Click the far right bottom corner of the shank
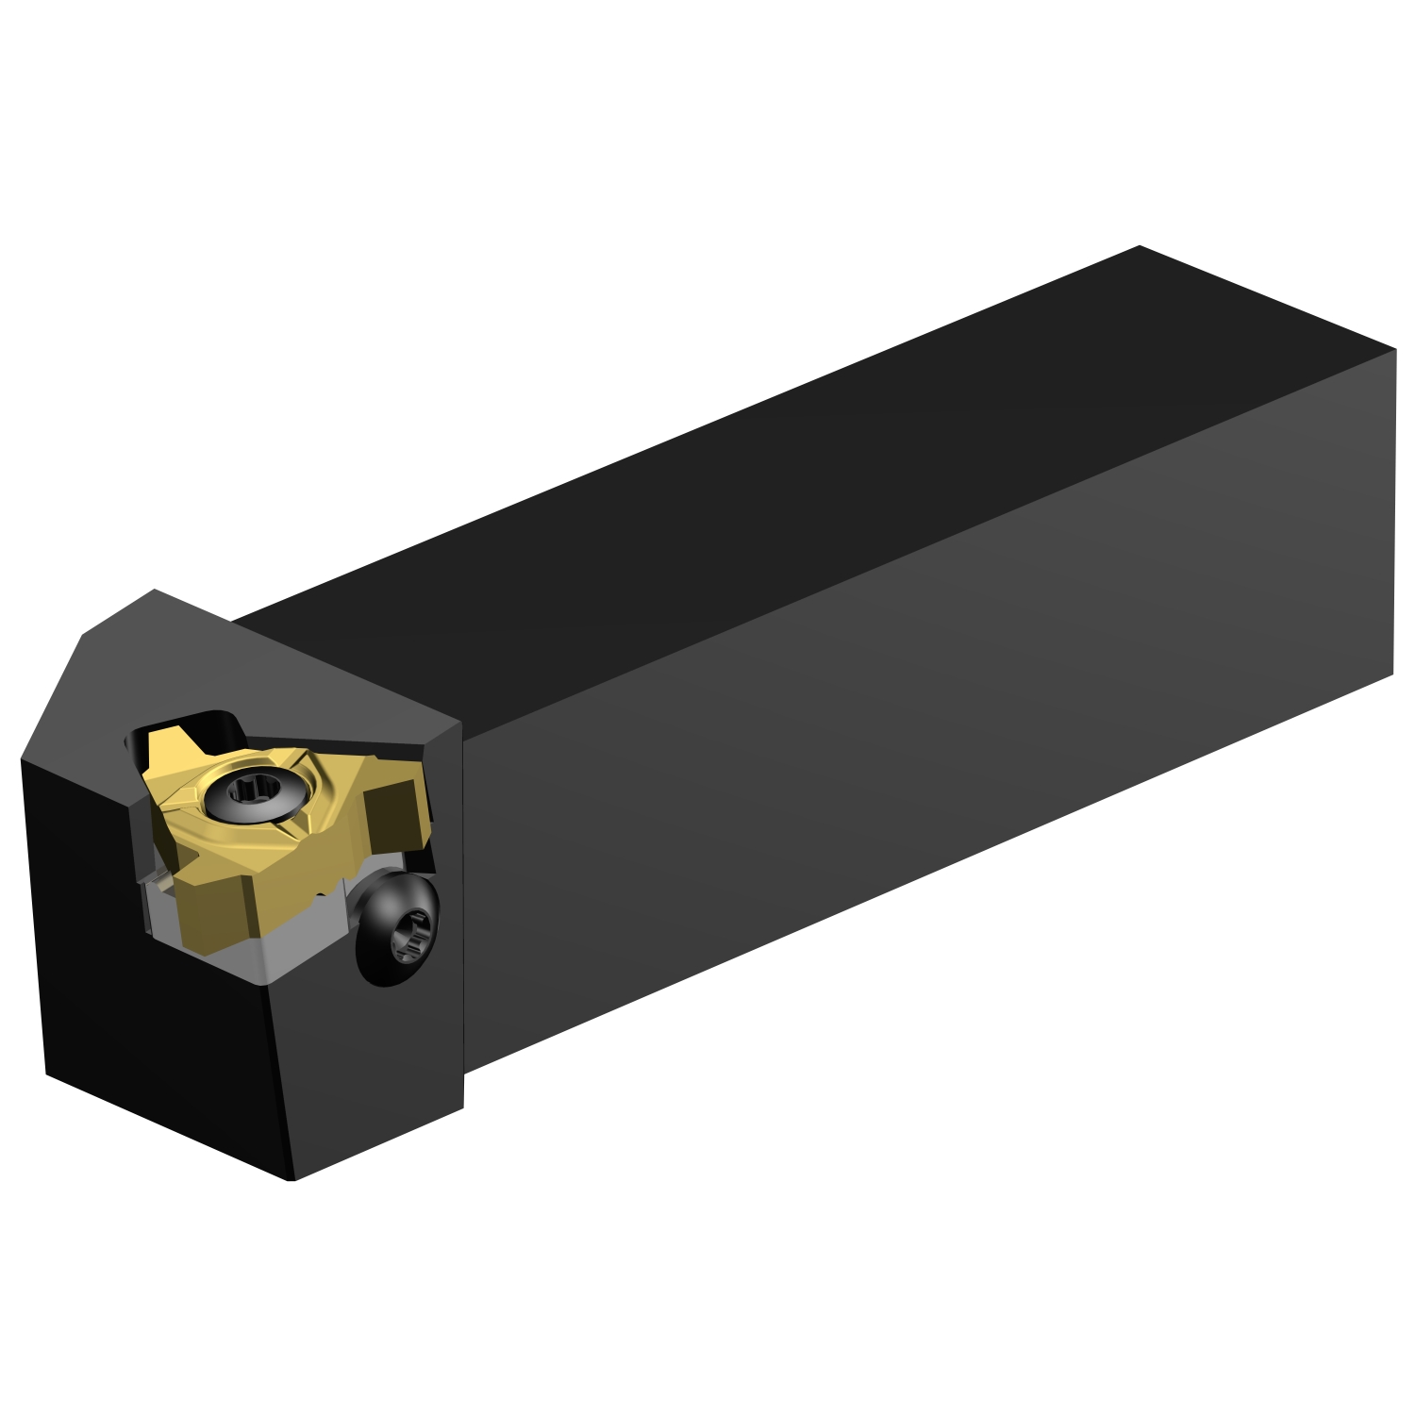(1392, 674)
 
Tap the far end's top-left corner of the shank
(1140, 246)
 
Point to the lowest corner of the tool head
(292, 1179)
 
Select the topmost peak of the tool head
(154, 591)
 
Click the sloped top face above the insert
(283, 660)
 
